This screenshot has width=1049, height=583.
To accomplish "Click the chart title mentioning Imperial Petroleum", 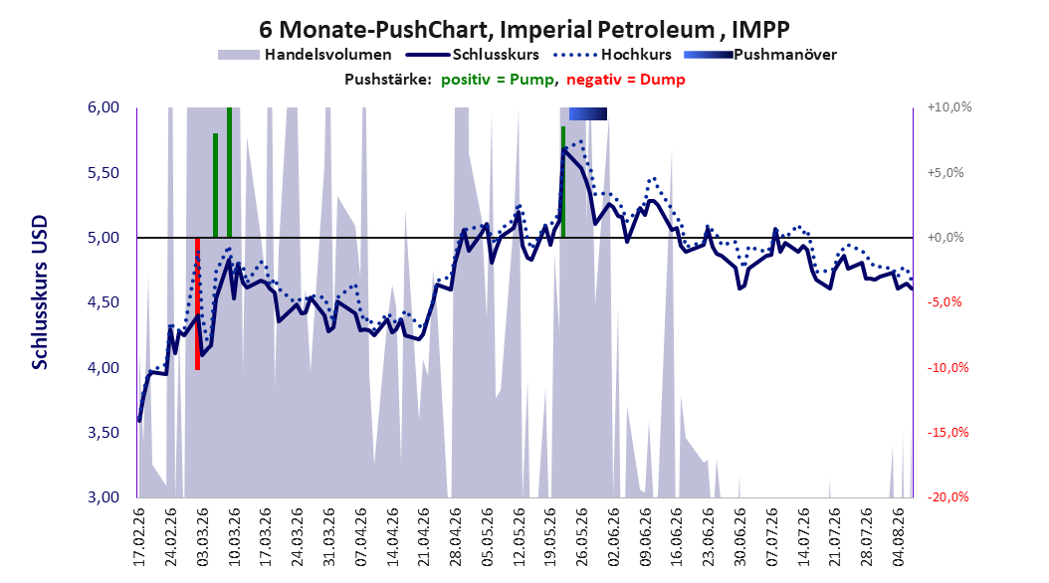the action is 524,30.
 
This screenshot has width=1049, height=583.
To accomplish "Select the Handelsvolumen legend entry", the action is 305,55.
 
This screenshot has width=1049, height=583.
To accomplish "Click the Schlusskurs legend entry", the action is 473,55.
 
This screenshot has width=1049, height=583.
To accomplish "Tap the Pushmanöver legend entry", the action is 760,55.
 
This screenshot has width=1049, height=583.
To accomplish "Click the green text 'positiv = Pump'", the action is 497,80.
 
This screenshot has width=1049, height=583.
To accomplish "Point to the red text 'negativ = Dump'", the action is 626,80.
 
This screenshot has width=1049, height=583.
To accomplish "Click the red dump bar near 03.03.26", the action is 197,303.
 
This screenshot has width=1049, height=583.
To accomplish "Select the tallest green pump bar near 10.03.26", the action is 230,172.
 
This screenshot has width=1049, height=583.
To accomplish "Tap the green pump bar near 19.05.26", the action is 563,182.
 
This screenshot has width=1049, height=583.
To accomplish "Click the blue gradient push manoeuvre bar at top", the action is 588,113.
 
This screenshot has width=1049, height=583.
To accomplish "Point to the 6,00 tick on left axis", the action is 104,107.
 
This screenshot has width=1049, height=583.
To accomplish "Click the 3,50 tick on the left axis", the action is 104,433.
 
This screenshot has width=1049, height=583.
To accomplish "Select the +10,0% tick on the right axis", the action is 949,107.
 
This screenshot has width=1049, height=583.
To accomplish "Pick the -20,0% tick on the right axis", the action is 947,496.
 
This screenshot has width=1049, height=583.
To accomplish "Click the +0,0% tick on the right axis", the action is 945,238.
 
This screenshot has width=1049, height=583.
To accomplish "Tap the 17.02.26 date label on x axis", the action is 139,537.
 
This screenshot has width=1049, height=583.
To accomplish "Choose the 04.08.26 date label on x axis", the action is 899,537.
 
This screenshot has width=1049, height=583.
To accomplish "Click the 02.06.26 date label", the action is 614,537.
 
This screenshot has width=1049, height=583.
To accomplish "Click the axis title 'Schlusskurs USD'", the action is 40,292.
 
